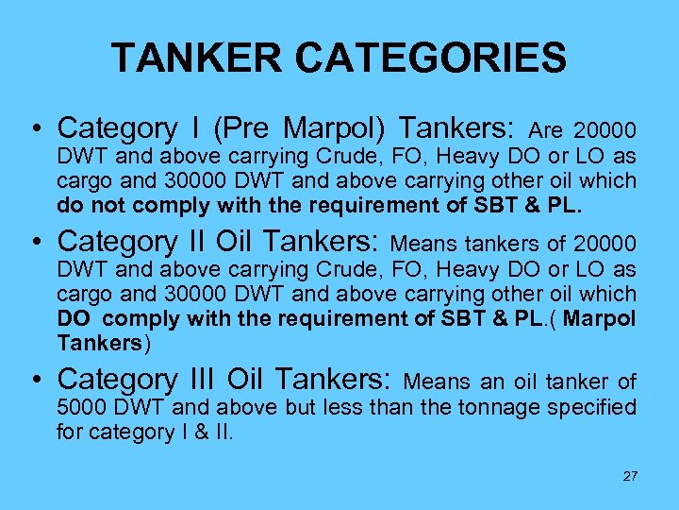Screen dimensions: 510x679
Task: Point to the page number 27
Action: click(x=630, y=476)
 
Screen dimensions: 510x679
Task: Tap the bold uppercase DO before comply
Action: click(x=75, y=319)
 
